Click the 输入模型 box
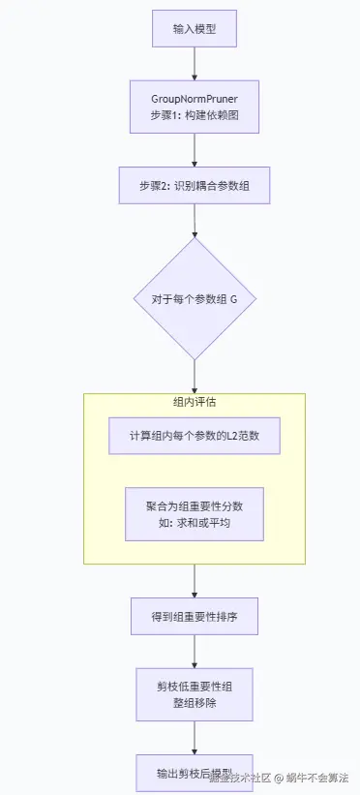pyautogui.click(x=195, y=29)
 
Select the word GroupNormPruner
pyautogui.click(x=195, y=99)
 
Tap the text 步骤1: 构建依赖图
pyautogui.click(x=195, y=115)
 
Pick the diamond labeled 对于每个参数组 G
pyautogui.click(x=195, y=299)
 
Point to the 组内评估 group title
pyautogui.click(x=195, y=403)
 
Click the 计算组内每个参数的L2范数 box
pyautogui.click(x=195, y=436)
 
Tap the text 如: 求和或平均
pyautogui.click(x=195, y=524)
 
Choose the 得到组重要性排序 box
pyautogui.click(x=195, y=615)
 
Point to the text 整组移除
pyautogui.click(x=195, y=702)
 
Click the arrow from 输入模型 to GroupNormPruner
pyautogui.click(x=195, y=63)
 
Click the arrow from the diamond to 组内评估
pyautogui.click(x=195, y=376)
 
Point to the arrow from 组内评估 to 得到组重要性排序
pyautogui.click(x=195, y=580)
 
